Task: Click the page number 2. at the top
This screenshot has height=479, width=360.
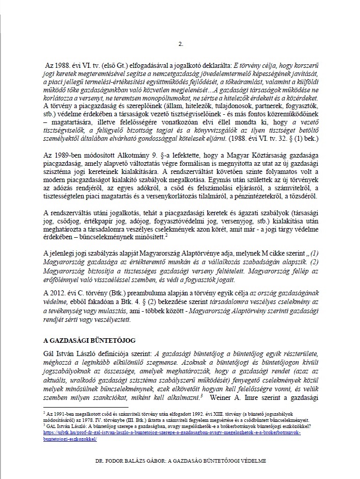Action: click(180, 44)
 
